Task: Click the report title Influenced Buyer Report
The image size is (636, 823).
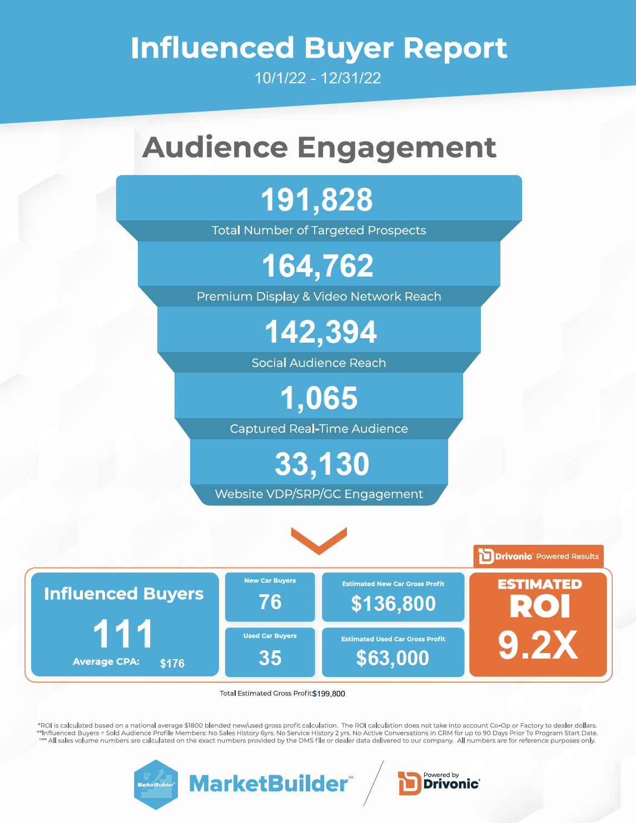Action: click(x=319, y=48)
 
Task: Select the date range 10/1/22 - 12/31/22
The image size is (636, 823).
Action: click(x=317, y=78)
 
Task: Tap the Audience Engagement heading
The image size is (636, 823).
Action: click(x=319, y=148)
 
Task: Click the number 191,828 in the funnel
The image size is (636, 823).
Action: click(x=317, y=200)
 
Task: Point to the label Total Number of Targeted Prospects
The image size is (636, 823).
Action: click(x=319, y=230)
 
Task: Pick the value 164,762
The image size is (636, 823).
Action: click(x=317, y=266)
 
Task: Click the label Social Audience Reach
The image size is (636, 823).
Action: click(x=319, y=363)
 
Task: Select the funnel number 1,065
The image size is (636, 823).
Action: click(x=319, y=398)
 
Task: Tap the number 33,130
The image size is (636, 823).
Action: click(x=322, y=464)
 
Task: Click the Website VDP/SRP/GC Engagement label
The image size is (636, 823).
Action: click(x=319, y=494)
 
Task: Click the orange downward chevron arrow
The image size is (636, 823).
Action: click(x=319, y=540)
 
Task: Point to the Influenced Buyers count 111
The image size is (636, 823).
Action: click(x=123, y=634)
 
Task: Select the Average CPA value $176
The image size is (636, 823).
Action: click(x=172, y=664)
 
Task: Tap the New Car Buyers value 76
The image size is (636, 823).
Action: click(x=270, y=603)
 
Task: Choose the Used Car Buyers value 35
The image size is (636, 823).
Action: click(x=270, y=658)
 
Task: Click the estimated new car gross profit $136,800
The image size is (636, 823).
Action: click(x=393, y=604)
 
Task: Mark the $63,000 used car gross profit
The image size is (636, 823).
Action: click(x=392, y=658)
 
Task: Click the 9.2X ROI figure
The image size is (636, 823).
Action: click(x=538, y=645)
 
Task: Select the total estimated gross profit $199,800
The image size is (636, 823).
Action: click(x=329, y=694)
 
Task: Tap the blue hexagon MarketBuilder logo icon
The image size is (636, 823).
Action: click(x=156, y=784)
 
